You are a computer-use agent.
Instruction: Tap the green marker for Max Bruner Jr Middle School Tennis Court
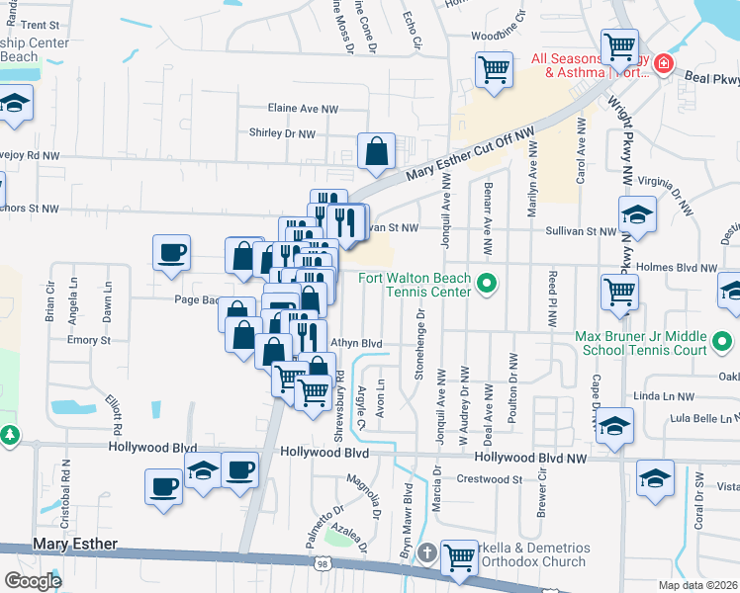(x=722, y=344)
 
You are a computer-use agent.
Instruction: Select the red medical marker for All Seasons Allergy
(x=663, y=65)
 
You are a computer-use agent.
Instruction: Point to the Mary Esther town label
(x=75, y=545)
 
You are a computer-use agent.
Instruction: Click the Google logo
(x=33, y=581)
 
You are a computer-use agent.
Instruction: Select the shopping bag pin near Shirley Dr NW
(x=377, y=152)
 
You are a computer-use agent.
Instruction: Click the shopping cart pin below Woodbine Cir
(x=494, y=70)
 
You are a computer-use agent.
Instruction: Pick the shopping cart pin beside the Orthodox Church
(x=459, y=557)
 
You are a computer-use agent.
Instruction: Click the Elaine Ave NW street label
(x=303, y=109)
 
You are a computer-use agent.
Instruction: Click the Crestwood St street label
(x=489, y=479)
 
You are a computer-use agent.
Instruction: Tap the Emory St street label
(x=88, y=340)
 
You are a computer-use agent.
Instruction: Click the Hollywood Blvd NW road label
(x=530, y=459)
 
